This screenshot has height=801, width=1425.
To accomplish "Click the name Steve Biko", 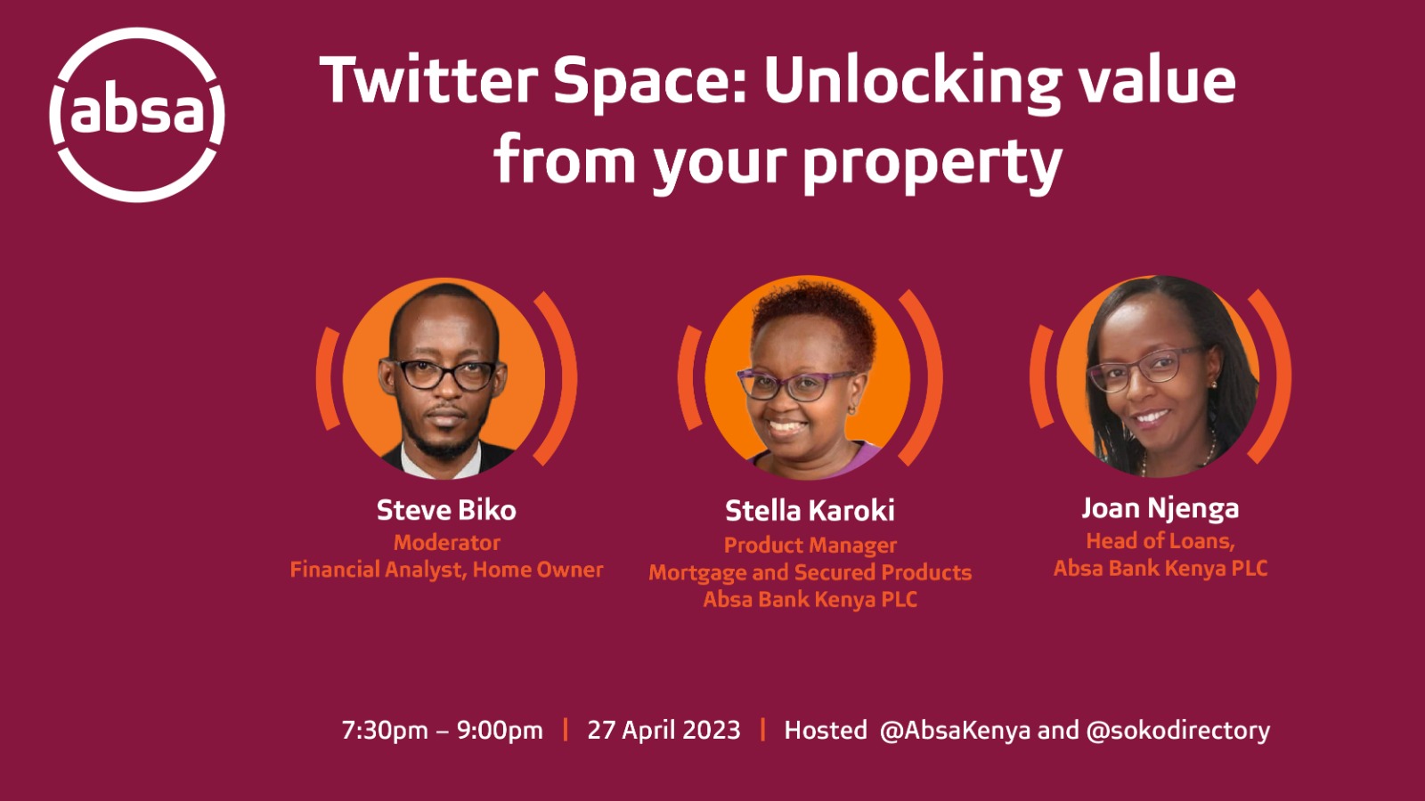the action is pyautogui.click(x=446, y=510).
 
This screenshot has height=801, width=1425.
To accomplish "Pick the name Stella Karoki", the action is pyautogui.click(x=810, y=511).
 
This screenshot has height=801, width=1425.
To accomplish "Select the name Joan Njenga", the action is pyautogui.click(x=1160, y=508).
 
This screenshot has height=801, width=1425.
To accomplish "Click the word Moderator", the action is pyautogui.click(x=446, y=542).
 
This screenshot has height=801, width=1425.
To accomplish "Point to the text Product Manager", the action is pyautogui.click(x=810, y=545).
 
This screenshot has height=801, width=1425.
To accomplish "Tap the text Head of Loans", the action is pyautogui.click(x=1160, y=541).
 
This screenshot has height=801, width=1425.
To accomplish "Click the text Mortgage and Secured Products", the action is pyautogui.click(x=810, y=573).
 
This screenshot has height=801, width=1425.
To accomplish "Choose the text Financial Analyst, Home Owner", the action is pyautogui.click(x=446, y=570).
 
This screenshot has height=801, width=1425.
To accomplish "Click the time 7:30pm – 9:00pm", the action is pyautogui.click(x=442, y=731).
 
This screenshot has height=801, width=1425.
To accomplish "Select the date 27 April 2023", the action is pyautogui.click(x=664, y=730).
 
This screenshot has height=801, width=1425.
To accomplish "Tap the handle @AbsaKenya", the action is pyautogui.click(x=955, y=731).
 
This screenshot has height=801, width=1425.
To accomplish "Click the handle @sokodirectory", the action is pyautogui.click(x=1178, y=731).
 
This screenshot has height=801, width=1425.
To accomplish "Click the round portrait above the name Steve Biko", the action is pyautogui.click(x=444, y=378).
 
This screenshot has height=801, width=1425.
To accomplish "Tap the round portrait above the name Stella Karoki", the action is pyautogui.click(x=808, y=377).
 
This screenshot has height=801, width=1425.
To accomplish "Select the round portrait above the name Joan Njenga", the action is pyautogui.click(x=1159, y=376).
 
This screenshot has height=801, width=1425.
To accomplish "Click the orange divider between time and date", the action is pyautogui.click(x=565, y=730).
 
